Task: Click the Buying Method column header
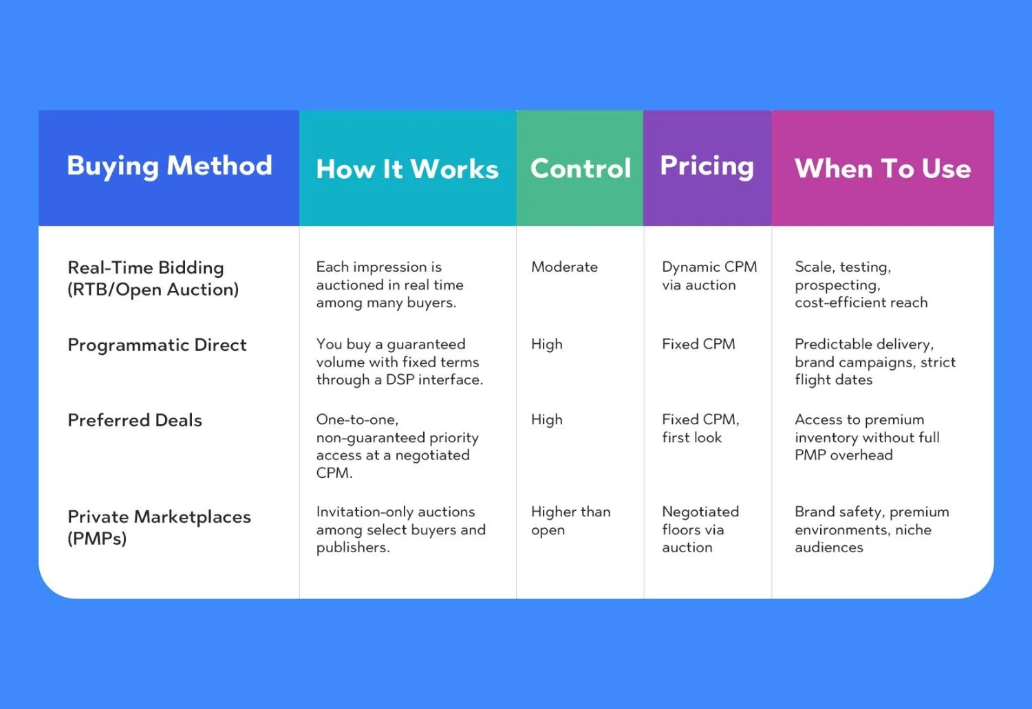(x=169, y=166)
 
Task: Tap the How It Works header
(x=407, y=168)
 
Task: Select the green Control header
(x=581, y=168)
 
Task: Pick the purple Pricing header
(x=707, y=166)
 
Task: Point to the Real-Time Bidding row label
(x=153, y=279)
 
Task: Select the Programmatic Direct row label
(x=157, y=345)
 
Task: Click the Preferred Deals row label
(x=135, y=420)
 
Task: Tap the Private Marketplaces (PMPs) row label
(x=160, y=527)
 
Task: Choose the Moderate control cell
(x=564, y=267)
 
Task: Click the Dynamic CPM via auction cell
(x=709, y=276)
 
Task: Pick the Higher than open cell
(x=571, y=521)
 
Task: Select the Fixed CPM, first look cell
(x=701, y=428)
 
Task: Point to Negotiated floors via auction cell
(x=700, y=530)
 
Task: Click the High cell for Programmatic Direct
(x=547, y=345)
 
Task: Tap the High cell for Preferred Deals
(x=547, y=420)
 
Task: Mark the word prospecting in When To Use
(x=837, y=286)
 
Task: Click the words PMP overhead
(x=843, y=455)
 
